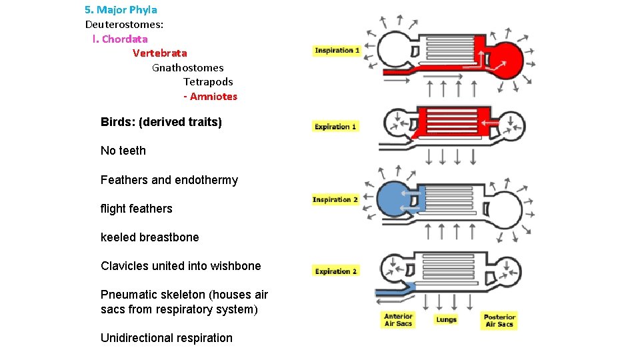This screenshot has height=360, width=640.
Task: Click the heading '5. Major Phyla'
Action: pos(121,10)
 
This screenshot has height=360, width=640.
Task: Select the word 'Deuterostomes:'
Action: pos(124,24)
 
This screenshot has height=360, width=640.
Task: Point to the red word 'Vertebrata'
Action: pos(159,53)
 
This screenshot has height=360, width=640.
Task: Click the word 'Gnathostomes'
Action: pos(187,67)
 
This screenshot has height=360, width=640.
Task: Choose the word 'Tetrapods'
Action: pos(208,81)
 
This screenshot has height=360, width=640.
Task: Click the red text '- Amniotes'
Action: pos(210,96)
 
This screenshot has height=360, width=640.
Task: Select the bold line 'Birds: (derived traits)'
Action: pos(161,122)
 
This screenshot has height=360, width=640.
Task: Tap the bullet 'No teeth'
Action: pos(123,151)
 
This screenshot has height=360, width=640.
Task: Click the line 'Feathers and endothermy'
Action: pos(169,180)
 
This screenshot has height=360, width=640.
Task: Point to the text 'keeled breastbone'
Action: pos(149,237)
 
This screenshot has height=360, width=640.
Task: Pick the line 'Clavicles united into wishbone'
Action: pos(180,266)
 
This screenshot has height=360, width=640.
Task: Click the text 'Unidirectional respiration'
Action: pos(166,338)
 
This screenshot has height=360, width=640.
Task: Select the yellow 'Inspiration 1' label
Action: pos(337,51)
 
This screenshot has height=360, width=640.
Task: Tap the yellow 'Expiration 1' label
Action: pos(336,126)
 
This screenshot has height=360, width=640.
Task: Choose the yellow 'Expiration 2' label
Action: pos(336,271)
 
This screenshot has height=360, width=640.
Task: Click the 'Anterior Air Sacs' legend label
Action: pos(398,321)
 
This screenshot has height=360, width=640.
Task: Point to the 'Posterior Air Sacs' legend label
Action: pos(499,321)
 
